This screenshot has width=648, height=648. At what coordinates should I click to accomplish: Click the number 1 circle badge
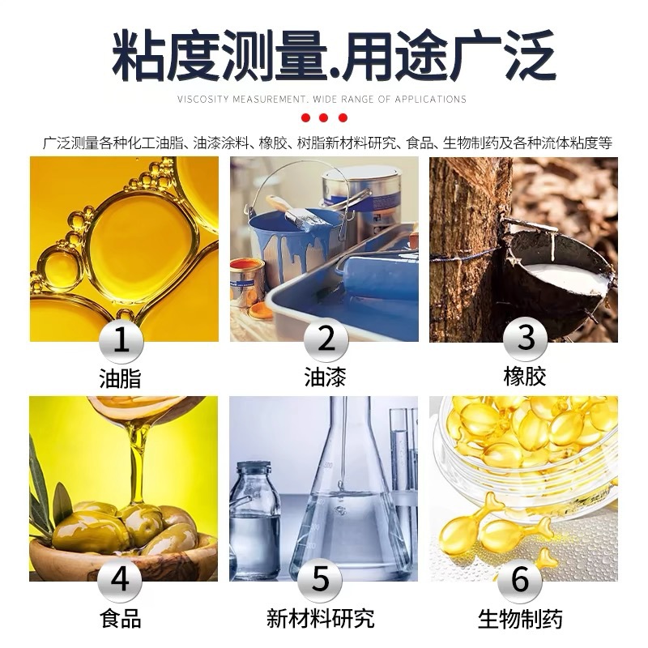(122, 340)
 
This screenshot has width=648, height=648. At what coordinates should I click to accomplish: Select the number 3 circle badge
(526, 340)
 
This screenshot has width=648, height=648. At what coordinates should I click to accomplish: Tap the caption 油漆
(325, 377)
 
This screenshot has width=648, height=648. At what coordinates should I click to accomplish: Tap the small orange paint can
(246, 279)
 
